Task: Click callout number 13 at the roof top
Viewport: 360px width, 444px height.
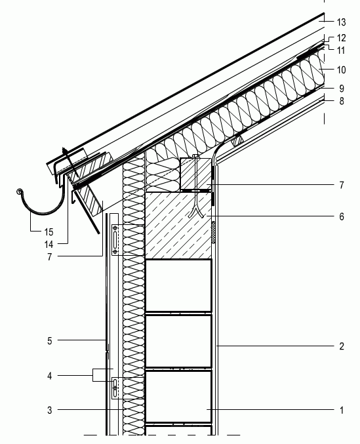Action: [x=342, y=22]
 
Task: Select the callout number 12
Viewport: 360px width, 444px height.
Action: [x=342, y=38]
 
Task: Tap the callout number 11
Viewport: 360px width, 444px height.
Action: [x=342, y=50]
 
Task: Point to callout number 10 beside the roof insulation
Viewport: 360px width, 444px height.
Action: [x=342, y=70]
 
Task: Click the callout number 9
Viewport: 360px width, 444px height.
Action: [x=342, y=89]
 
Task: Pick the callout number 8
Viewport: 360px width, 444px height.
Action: [x=342, y=101]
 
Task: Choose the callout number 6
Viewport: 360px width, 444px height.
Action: [x=342, y=216]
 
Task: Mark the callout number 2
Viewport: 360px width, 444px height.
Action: [x=342, y=346]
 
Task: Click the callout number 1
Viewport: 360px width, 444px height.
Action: [x=342, y=410]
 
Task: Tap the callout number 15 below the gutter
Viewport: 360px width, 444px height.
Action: [x=49, y=232]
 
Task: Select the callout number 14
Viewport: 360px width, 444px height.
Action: [x=49, y=244]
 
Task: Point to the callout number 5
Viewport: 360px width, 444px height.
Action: [x=50, y=340]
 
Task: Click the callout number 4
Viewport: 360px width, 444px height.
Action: [x=50, y=376]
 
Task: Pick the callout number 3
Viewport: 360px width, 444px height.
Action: [x=50, y=410]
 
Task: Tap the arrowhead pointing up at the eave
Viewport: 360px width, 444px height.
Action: [x=65, y=151]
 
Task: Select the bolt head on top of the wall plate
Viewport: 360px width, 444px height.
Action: [x=195, y=156]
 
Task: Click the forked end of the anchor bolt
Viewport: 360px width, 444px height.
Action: [x=196, y=213]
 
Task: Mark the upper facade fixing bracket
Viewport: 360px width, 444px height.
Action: [x=115, y=240]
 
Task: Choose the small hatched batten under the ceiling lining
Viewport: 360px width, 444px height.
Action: [x=238, y=141]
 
